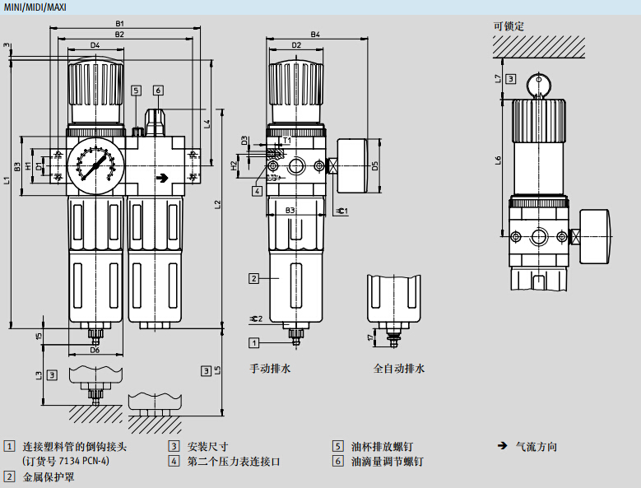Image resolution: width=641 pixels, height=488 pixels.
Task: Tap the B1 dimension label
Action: [120, 24]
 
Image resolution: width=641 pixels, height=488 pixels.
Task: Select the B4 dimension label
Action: [315, 35]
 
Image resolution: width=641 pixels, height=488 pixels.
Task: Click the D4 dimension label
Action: [95, 45]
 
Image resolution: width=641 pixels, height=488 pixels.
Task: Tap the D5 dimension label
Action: [374, 165]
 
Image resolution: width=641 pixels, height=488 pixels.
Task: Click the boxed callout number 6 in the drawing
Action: [158, 91]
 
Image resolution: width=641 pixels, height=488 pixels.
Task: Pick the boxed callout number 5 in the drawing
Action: [136, 91]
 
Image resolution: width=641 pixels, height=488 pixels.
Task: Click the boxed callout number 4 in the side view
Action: [258, 191]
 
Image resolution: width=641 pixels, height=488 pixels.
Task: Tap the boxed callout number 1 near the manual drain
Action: [255, 342]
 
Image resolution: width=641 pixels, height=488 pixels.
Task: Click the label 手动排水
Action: [271, 369]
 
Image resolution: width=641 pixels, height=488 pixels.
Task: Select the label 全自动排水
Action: [399, 369]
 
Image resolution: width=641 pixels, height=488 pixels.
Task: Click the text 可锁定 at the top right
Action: [509, 26]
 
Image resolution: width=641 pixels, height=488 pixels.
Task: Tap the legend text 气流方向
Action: [536, 447]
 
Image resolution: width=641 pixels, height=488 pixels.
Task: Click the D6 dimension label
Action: [95, 351]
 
